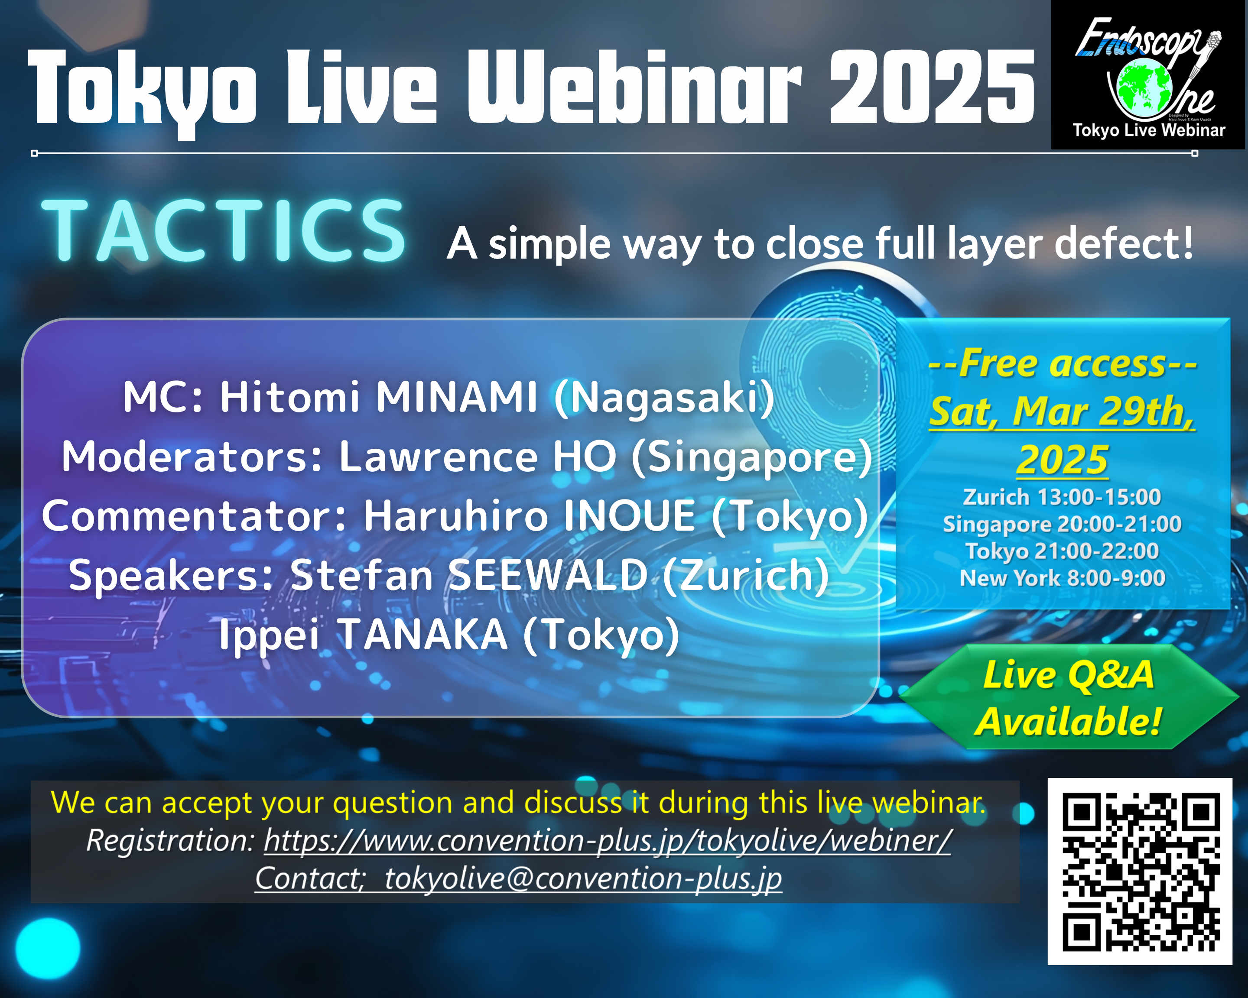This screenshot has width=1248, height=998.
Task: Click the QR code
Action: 1140,871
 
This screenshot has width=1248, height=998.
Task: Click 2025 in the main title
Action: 932,87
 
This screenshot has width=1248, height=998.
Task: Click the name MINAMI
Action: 457,398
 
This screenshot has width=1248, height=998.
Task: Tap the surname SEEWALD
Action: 548,575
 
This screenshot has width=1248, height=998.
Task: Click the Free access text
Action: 1062,363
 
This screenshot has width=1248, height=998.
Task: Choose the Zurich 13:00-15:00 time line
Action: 1062,497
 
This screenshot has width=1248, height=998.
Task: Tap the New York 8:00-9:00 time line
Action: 1062,578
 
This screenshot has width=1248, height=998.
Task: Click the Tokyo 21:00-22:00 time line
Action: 1062,551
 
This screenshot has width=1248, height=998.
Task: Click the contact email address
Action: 583,878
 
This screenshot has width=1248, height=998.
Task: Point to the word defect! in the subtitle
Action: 1124,243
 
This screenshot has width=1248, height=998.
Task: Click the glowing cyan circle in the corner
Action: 48,948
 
